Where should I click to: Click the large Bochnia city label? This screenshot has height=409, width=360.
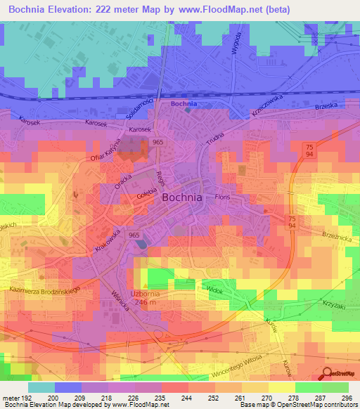(x=182, y=197)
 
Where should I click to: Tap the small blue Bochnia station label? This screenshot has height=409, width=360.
(x=184, y=104)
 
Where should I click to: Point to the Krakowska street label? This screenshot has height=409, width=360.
(x=108, y=240)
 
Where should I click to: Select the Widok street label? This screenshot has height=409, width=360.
(x=216, y=289)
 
